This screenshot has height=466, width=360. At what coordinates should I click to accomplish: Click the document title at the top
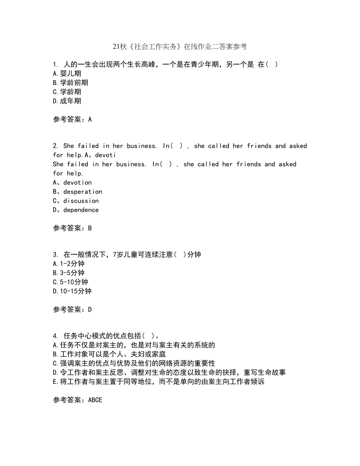pos(180,47)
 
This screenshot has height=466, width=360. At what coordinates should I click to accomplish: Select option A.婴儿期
pos(67,74)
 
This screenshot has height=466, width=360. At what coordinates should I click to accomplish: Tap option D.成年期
pos(67,101)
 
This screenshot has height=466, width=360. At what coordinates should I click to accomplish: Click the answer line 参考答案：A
pos(72,120)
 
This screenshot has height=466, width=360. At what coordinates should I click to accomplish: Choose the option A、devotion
pos(72,183)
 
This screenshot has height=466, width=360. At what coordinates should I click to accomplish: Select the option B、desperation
pos(77,192)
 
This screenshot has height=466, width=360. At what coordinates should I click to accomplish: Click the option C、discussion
pos(76,201)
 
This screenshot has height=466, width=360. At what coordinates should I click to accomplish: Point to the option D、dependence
pos(76,210)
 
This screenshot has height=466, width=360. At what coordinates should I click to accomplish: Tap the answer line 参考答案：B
pos(72,229)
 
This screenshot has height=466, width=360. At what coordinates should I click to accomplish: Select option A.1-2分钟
pos(68,264)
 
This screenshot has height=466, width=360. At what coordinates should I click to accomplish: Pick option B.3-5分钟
pos(68,273)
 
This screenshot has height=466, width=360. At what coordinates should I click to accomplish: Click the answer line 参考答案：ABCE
pos(77,400)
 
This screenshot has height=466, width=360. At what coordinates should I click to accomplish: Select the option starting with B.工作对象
pos(109,354)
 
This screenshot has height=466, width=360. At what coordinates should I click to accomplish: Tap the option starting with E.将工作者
pos(158,382)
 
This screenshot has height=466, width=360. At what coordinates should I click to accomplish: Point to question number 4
pos(55,336)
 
